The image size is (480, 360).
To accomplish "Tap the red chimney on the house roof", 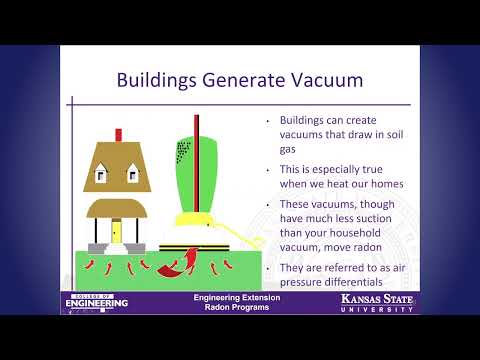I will point(118,133).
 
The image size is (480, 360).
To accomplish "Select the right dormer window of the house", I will point(132,176).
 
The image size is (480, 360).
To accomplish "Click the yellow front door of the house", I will point(116,232).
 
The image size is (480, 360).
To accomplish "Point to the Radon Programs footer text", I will point(237,309).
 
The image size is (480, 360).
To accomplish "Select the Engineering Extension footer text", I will point(237,299).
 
